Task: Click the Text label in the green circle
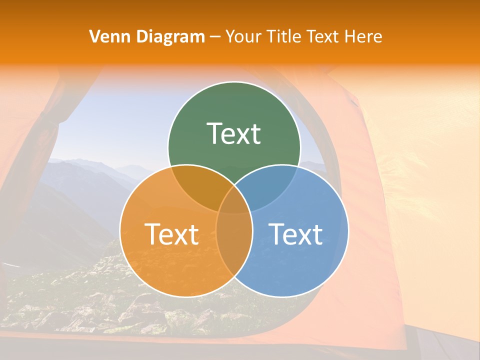point(234,134)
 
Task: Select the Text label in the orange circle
point(171,234)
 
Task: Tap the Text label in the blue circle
point(296,234)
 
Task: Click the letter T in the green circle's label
point(214,134)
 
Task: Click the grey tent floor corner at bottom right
point(450,345)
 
